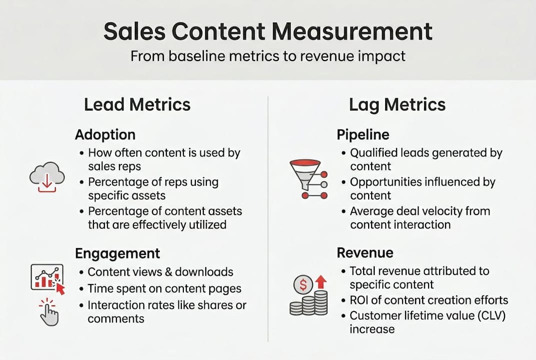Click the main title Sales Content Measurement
[x=268, y=31]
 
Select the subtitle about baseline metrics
[x=268, y=55]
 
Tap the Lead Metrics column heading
[x=137, y=104]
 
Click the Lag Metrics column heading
[x=397, y=104]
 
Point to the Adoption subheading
[x=105, y=134]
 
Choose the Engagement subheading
[x=117, y=253]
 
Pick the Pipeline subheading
[x=363, y=134]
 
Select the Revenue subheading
[x=365, y=252]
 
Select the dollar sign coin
[x=302, y=285]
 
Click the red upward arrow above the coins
[x=321, y=282]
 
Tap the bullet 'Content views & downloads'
[x=160, y=272]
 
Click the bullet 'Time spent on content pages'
[x=164, y=288]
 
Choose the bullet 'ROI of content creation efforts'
[x=429, y=300]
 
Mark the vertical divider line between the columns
[x=268, y=220]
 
